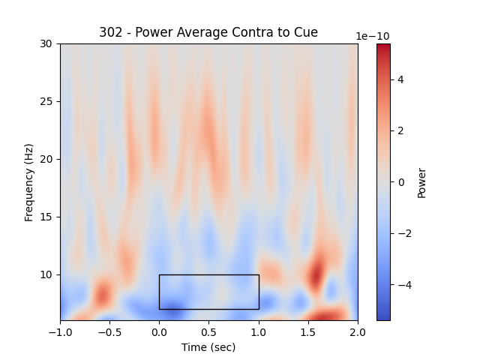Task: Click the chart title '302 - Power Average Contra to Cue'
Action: click(208, 32)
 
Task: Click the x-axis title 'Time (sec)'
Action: click(208, 347)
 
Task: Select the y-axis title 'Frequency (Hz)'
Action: click(29, 182)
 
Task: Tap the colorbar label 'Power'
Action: click(421, 182)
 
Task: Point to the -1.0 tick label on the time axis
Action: click(60, 331)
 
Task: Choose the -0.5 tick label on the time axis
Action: click(109, 331)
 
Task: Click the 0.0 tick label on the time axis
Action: click(159, 331)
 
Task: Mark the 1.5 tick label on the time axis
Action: click(308, 331)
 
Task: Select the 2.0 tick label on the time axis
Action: click(358, 331)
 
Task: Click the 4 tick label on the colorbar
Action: click(400, 79)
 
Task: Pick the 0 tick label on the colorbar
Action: click(400, 182)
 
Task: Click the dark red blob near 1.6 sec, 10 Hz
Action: click(316, 273)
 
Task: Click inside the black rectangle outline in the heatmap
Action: click(208, 292)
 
